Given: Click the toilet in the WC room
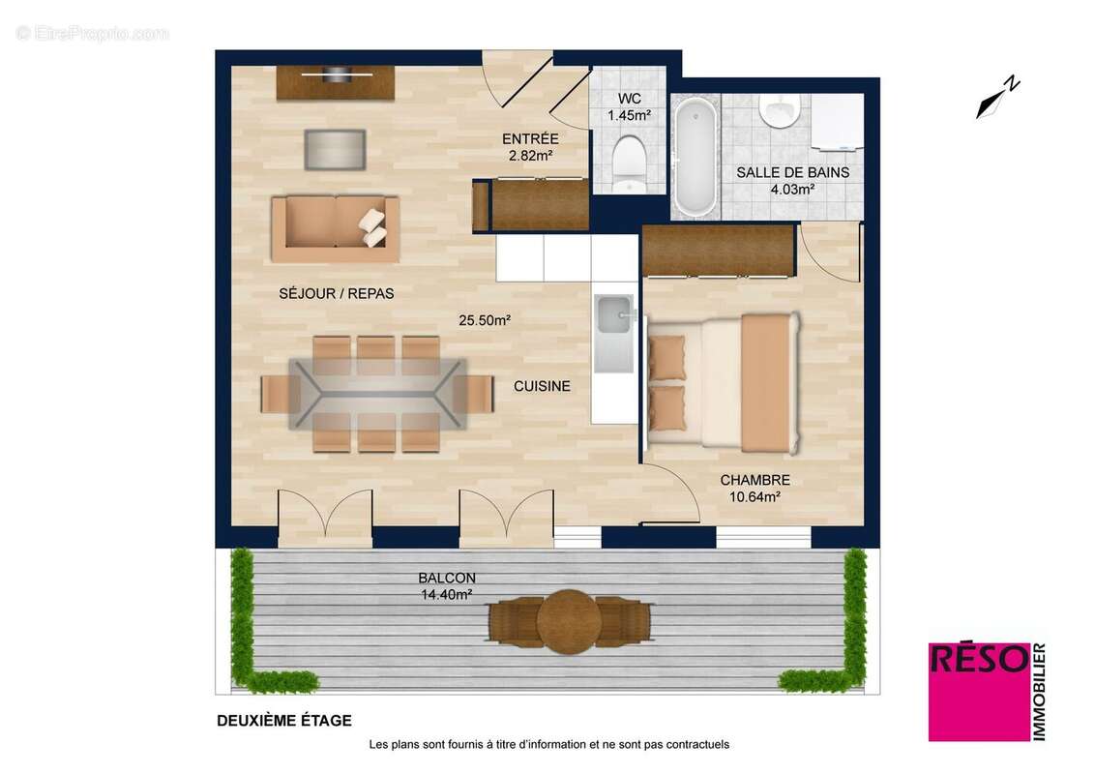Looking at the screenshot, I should point(629,163).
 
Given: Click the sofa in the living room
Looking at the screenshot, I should point(335,228).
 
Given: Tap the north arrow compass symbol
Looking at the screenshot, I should point(997,99).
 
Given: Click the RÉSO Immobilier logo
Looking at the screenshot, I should point(988,691).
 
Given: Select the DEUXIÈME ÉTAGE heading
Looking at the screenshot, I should point(283,720).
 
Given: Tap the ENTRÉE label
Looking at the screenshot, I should point(529,137).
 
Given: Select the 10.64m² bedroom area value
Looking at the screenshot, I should point(755,497).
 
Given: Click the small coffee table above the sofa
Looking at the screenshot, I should point(336,149).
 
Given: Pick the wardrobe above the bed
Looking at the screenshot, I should point(718,250).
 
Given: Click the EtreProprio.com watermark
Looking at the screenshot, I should point(93,34).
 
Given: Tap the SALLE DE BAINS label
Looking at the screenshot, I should point(792,173).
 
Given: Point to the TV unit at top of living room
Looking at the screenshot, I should point(336,82).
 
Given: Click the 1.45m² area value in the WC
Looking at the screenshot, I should point(628,115).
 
